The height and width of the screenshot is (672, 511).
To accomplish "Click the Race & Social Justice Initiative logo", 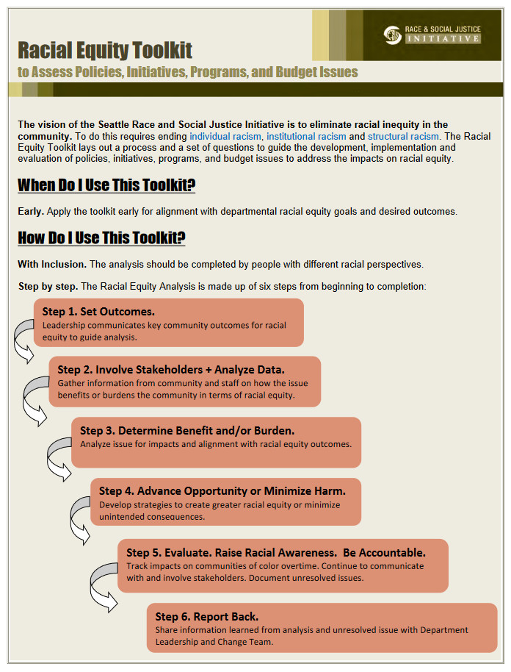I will click(x=432, y=35).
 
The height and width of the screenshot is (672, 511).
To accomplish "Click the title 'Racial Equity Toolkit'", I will click(x=105, y=50).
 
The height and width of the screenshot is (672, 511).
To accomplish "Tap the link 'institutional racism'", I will click(x=304, y=137).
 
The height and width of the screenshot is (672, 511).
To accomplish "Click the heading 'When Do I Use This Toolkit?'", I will click(x=106, y=185).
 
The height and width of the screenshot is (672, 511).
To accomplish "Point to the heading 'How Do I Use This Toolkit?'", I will click(x=101, y=237).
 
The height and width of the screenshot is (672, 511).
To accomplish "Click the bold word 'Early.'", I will click(x=31, y=212).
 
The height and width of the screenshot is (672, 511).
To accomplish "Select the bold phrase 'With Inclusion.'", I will click(x=52, y=264).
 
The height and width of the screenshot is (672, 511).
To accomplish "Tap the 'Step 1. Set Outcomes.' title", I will click(x=98, y=312).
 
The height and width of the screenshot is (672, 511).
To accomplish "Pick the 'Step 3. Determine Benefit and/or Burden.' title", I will click(x=187, y=430).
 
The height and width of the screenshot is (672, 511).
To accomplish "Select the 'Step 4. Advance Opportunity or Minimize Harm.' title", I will click(x=222, y=490).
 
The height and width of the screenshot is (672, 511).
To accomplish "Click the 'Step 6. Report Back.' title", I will click(x=207, y=616).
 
